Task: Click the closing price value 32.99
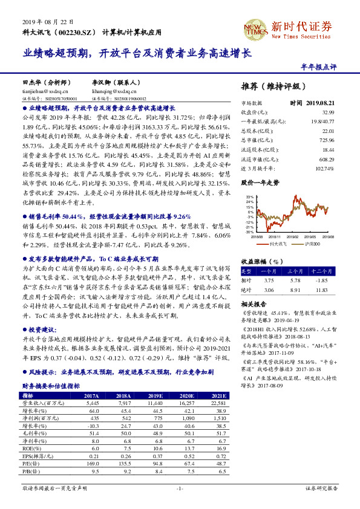coord(328,112)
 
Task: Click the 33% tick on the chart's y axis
coord(249,197)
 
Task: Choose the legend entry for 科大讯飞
coord(278,243)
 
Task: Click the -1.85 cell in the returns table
coord(321,280)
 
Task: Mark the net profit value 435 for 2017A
coord(94,418)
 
